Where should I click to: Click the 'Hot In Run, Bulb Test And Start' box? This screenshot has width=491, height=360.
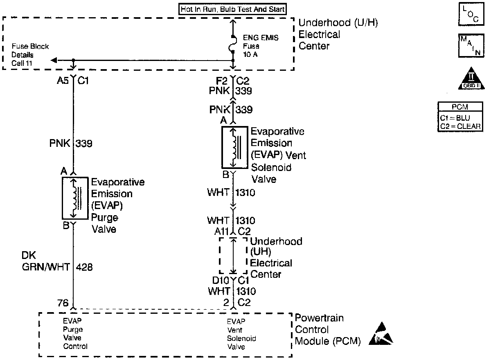click(232, 9)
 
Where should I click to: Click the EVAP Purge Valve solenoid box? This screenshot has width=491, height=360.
click(75, 198)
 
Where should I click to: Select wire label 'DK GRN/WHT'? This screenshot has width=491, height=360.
click(45, 262)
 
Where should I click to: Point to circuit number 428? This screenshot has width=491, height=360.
click(84, 268)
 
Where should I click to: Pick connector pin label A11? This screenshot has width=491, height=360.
click(221, 232)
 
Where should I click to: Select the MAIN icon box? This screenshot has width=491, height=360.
click(470, 46)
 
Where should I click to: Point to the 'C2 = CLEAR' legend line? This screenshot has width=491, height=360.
click(460, 126)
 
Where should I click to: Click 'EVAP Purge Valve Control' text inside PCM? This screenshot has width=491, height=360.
click(75, 334)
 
